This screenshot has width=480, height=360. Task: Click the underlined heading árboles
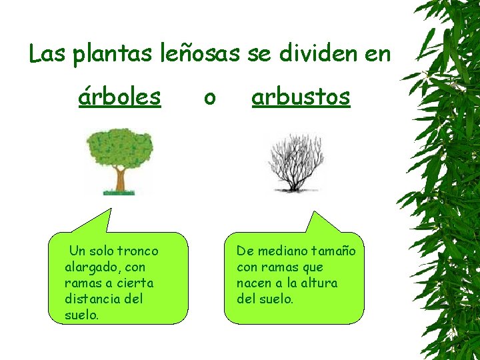point(119,97)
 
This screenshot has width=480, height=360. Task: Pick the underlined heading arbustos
point(301,97)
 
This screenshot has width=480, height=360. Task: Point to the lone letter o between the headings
point(209,99)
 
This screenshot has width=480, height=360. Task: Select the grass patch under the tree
point(119,193)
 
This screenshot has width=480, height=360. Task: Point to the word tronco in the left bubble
point(138,251)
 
